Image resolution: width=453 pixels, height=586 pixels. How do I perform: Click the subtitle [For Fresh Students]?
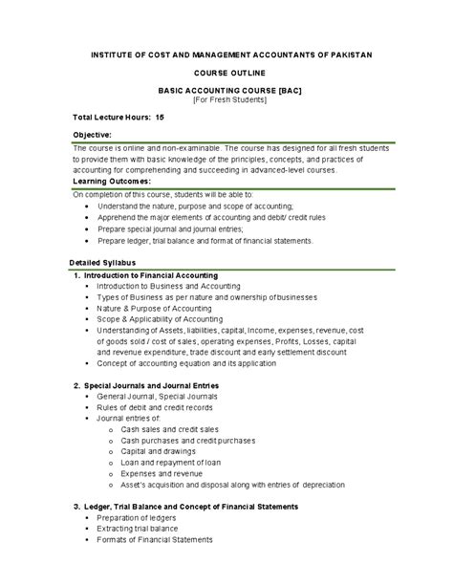coord(226,98)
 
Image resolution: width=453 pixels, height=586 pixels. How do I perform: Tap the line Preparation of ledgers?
coord(138,517)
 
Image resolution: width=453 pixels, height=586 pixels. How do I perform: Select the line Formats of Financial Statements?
coord(155,540)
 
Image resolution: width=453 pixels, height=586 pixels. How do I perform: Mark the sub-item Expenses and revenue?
coord(162,474)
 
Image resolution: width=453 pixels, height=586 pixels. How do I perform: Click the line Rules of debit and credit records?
coord(158,408)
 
